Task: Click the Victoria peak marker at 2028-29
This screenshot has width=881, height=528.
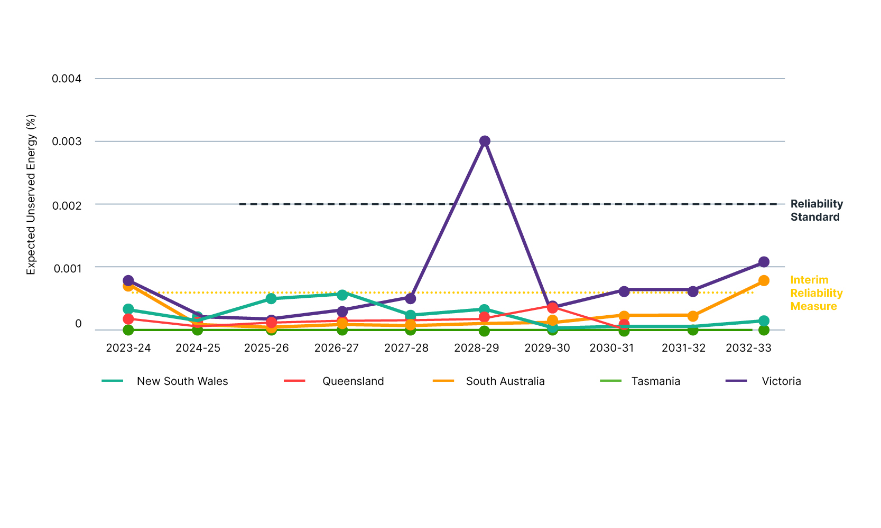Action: pos(485,141)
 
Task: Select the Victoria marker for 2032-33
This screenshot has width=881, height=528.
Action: pos(764,262)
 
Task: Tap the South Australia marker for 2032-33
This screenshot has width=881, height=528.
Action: pos(764,281)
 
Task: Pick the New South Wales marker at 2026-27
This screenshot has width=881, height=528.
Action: pos(342,295)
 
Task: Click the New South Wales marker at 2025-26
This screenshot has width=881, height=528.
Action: pos(271,298)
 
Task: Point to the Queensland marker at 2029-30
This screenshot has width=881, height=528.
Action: pos(552,308)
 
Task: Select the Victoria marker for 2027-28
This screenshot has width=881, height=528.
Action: pos(411,298)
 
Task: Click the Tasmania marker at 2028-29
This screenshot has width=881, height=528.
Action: pos(485,331)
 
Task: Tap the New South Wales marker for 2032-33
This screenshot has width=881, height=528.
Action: pos(764,321)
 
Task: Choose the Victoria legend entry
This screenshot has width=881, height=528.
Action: pos(781,381)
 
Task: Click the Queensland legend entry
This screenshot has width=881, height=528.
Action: pos(353,381)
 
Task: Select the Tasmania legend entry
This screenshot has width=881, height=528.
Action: pos(655,381)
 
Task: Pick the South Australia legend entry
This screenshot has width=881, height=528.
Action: pos(505,381)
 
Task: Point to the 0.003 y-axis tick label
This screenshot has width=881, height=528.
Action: pos(67,142)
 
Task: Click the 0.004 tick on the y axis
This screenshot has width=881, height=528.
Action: pos(67,79)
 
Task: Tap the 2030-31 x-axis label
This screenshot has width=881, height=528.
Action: pos(611,348)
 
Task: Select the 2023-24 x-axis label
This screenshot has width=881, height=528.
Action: pos(128,348)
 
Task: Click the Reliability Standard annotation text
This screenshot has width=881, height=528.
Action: pos(816,210)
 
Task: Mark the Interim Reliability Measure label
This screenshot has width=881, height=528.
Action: pos(816,293)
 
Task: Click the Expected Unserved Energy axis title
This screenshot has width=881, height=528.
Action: pos(31,194)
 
